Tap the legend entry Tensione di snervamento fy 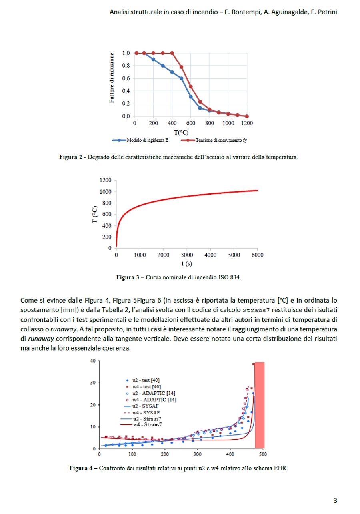[x=221, y=140]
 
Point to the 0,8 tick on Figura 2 [x=126, y=66]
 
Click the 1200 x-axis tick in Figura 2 [x=247, y=124]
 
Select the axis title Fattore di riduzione [x=112, y=78]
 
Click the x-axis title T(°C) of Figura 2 [x=181, y=132]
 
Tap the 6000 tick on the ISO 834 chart [x=257, y=255]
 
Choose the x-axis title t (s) [x=186, y=264]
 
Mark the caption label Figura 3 [x=127, y=277]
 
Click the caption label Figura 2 [x=70, y=157]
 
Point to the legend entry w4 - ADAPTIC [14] [x=154, y=399]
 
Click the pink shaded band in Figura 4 [x=260, y=404]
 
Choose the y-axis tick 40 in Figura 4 [x=92, y=361]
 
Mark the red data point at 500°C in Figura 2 [x=181, y=67]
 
